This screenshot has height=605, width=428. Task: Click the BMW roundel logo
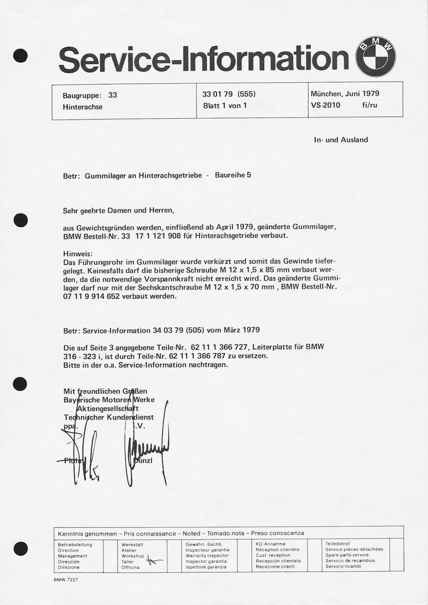pyautogui.click(x=375, y=58)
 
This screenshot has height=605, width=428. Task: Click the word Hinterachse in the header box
pyautogui.click(x=82, y=107)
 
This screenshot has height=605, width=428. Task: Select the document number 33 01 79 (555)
pyautogui.click(x=229, y=94)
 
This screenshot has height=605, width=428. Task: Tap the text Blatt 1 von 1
pyautogui.click(x=225, y=106)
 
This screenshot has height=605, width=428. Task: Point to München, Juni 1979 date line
pyautogui.click(x=345, y=94)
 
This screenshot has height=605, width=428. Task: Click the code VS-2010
pyautogui.click(x=326, y=105)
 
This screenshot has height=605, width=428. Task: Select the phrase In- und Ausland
pyautogui.click(x=341, y=140)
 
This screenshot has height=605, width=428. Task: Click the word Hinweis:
pyautogui.click(x=78, y=254)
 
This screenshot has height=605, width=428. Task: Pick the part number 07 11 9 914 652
pyautogui.click(x=91, y=296)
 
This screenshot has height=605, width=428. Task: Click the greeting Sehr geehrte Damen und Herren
pyautogui.click(x=118, y=211)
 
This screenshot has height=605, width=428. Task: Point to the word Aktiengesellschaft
pyautogui.click(x=107, y=408)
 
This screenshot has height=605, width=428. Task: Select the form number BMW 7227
pyautogui.click(x=66, y=580)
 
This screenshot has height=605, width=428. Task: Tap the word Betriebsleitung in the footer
pyautogui.click(x=75, y=545)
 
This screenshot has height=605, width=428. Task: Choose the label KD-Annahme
pyautogui.click(x=270, y=544)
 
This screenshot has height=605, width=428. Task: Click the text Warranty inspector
pyautogui.click(x=207, y=556)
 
